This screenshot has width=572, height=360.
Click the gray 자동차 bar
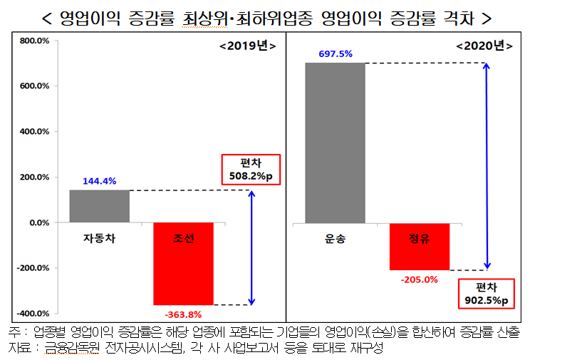(x=99, y=207)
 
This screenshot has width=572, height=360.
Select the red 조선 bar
(x=183, y=264)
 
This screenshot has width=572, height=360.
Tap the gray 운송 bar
(x=335, y=143)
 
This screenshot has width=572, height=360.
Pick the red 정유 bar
(x=420, y=247)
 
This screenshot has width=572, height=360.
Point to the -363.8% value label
(x=182, y=314)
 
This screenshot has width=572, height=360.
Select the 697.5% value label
(x=335, y=53)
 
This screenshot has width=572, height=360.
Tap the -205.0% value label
(x=419, y=279)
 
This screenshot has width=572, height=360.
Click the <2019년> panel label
(x=246, y=46)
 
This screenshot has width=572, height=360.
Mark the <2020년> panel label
(x=484, y=46)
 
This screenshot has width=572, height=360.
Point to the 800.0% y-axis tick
(x=34, y=41)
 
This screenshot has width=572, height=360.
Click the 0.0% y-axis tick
(x=38, y=223)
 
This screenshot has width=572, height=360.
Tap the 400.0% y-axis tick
(x=34, y=132)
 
